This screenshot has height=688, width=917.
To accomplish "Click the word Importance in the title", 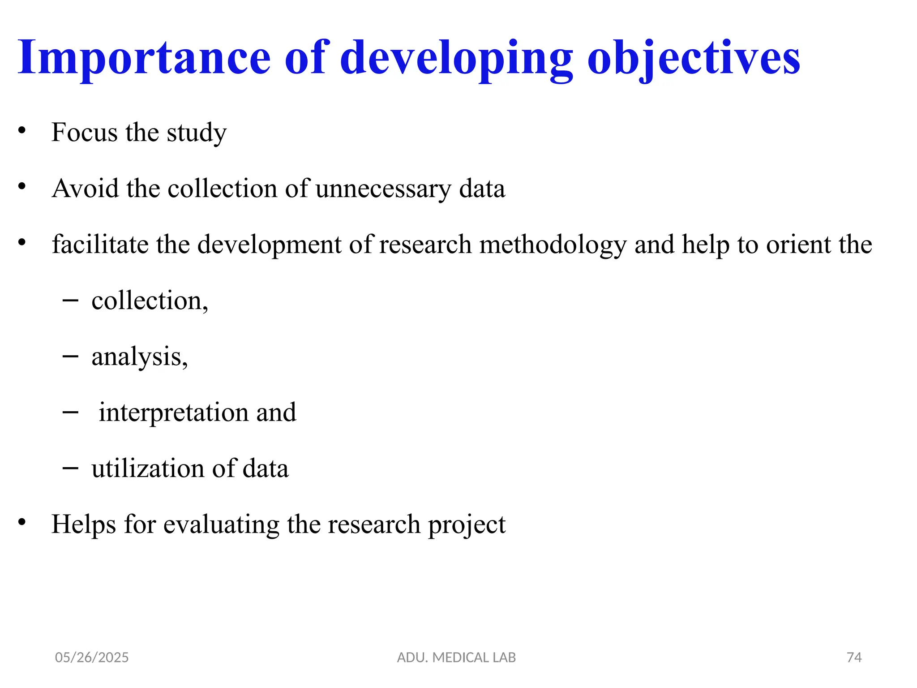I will (x=144, y=58).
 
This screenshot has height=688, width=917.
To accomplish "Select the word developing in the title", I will (x=456, y=58).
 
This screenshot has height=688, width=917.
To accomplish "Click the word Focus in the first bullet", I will (x=85, y=133).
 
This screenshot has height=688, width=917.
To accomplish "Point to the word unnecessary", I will (x=383, y=189).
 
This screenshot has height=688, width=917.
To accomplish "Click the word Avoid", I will (x=85, y=189).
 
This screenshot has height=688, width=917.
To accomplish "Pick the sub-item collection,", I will (x=150, y=301).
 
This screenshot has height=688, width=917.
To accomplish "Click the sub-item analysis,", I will (x=140, y=357).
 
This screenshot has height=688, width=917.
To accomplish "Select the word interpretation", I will (x=174, y=413).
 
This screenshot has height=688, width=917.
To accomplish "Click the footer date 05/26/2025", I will (x=92, y=658).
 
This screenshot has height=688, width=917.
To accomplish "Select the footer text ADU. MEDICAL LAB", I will (x=456, y=658).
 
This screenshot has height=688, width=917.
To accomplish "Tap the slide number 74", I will (x=854, y=658).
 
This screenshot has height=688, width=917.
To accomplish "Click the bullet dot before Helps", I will (x=22, y=522).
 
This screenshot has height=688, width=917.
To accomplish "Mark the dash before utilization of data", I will (x=70, y=468).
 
